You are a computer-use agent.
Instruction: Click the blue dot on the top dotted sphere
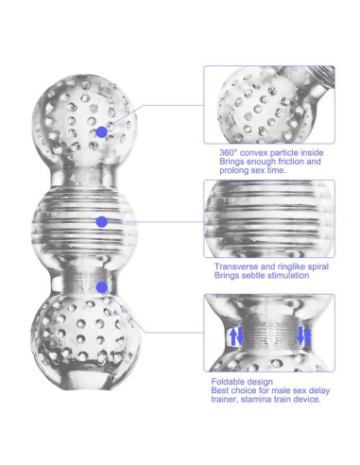(101, 132)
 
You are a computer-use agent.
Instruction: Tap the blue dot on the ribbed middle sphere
(101, 222)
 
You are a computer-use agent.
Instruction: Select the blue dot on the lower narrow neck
(101, 287)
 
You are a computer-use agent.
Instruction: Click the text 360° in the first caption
(228, 153)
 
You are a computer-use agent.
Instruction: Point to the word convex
(253, 153)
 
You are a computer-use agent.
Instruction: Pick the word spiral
(317, 267)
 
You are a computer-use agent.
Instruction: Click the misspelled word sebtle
(259, 275)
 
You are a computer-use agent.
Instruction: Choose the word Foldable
(227, 382)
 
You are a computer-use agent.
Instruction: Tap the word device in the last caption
(307, 399)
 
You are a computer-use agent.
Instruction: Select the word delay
(319, 390)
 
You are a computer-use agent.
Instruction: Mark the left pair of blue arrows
(236, 336)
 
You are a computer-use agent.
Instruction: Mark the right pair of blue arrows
(303, 336)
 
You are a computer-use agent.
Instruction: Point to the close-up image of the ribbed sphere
(269, 218)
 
